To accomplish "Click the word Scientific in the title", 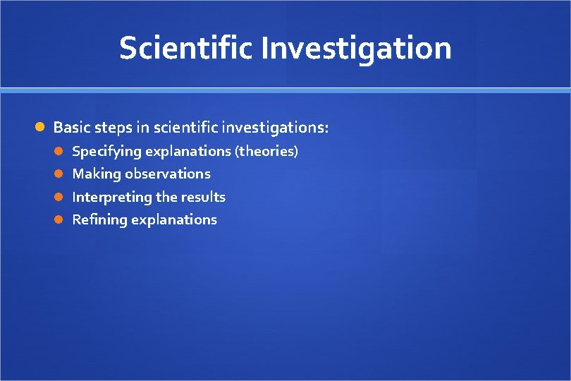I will [186, 48].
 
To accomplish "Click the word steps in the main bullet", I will [110, 128].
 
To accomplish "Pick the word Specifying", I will [106, 152].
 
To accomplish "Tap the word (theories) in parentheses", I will [266, 151].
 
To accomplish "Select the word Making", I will [97, 174].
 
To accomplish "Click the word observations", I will [168, 174].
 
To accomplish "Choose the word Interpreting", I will [112, 198].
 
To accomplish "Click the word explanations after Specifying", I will [188, 151].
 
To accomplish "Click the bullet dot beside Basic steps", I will [41, 128].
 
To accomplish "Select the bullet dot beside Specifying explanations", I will [61, 151].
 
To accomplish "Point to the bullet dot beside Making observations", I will [61, 174].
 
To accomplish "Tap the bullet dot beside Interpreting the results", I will [61, 197].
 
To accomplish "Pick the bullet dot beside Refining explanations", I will [61, 219].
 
